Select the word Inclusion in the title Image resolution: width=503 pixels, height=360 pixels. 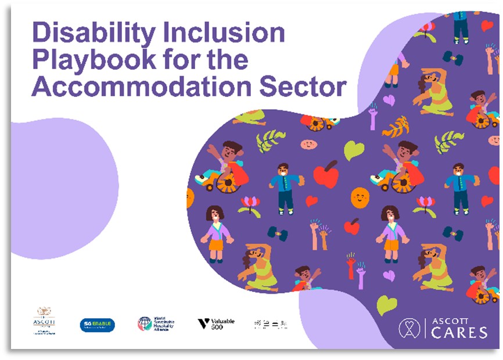coord(232,33)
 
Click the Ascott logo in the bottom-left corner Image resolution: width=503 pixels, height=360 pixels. coord(44,321)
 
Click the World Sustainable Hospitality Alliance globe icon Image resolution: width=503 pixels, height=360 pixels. coord(145,323)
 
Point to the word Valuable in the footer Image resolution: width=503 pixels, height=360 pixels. coord(223,321)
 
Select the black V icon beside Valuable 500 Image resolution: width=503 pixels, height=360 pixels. coord(203,323)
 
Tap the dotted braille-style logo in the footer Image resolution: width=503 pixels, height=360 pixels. coord(271,324)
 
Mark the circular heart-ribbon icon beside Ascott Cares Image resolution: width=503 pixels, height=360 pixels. coord(409,328)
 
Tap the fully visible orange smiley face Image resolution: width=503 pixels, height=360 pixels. coord(360,197)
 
